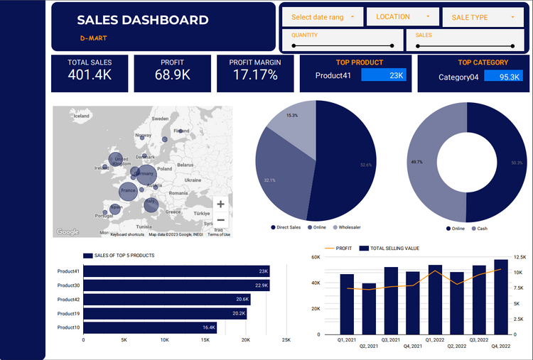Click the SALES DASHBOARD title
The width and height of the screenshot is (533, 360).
click(142, 20)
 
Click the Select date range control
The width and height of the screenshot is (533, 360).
click(323, 17)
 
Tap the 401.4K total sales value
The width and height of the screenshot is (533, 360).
click(90, 75)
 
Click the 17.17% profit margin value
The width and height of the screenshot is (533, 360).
click(254, 75)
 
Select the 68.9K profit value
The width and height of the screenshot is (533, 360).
click(173, 75)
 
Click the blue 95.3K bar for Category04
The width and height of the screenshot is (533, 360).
click(503, 77)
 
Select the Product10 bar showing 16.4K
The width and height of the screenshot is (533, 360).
click(149, 327)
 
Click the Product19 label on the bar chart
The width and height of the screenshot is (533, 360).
click(68, 313)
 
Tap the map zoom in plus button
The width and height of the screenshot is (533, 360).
click(221, 204)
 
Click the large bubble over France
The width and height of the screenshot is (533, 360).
click(128, 190)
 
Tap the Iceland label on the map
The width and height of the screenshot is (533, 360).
click(81, 116)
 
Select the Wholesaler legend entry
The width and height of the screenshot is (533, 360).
click(347, 228)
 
